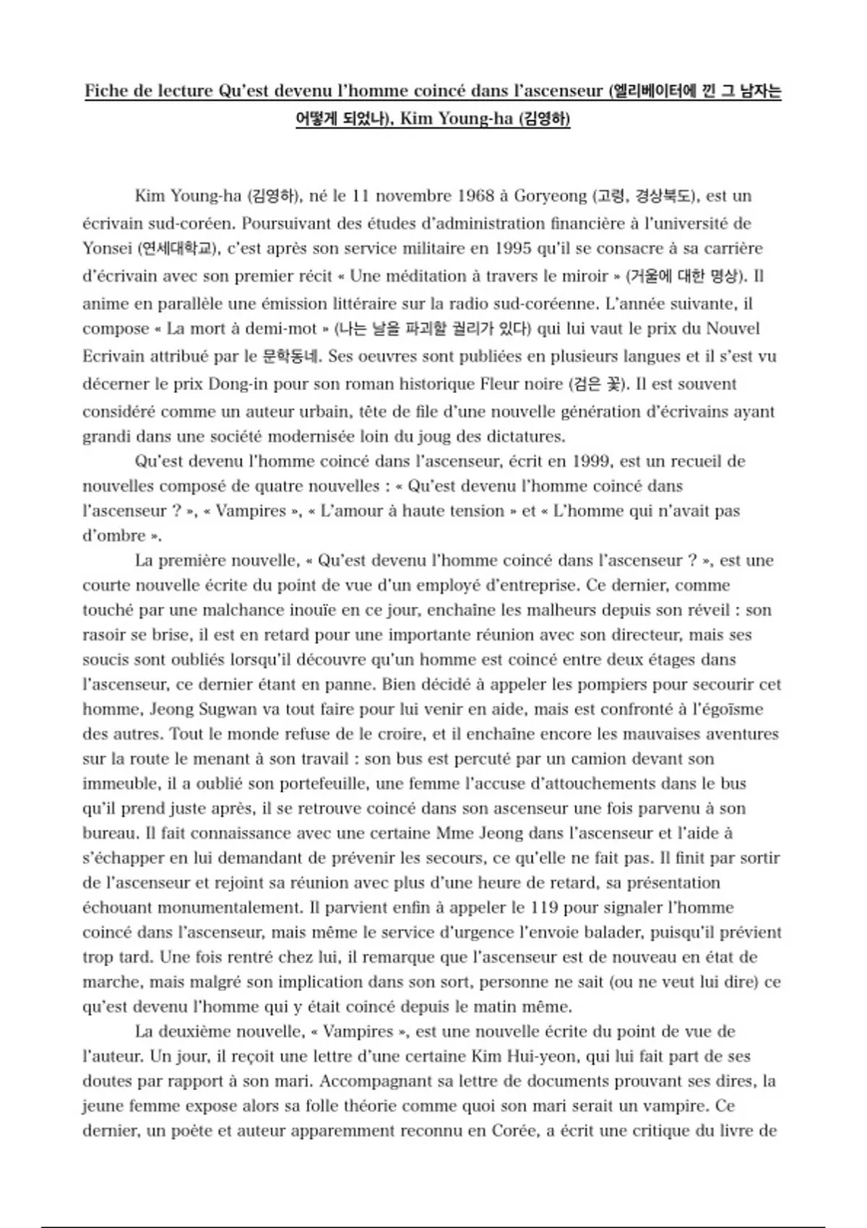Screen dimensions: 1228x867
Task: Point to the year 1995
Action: tap(516, 249)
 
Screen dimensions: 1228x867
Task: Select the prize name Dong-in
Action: tap(247, 384)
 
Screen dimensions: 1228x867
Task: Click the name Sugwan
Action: tap(228, 709)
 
